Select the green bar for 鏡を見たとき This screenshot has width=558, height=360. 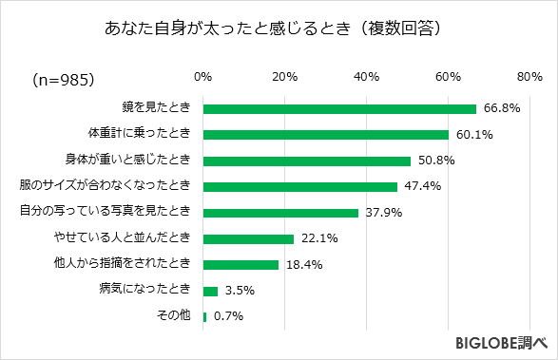point(339,108)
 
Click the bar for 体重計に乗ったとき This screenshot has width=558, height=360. point(326,134)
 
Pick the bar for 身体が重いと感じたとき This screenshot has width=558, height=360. point(307,161)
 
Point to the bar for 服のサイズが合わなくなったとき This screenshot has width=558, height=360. point(300,186)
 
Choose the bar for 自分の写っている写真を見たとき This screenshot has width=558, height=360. point(280,212)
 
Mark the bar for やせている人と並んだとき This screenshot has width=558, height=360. point(248,238)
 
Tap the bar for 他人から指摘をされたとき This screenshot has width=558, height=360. point(241,264)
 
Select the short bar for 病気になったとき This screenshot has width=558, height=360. point(210,290)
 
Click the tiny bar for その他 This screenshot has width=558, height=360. point(204,316)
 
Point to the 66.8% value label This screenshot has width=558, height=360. point(501,108)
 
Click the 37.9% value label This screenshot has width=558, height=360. point(383,213)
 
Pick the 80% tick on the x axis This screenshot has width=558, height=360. point(529,76)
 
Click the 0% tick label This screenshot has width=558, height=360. point(202,76)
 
